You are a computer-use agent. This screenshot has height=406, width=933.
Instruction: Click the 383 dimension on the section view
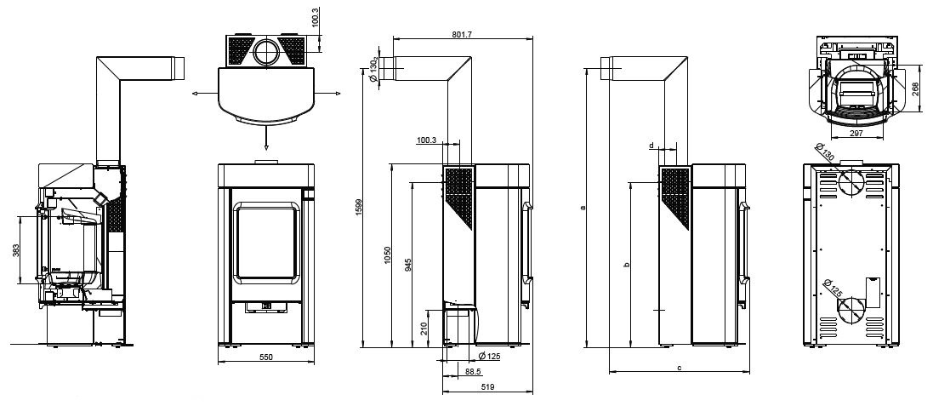tap(15, 250)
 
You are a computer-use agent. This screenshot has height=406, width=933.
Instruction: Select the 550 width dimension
tap(266, 357)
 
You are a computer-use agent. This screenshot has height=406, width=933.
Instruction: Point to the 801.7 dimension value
tap(462, 35)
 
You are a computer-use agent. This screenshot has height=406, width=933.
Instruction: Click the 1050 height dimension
tap(387, 254)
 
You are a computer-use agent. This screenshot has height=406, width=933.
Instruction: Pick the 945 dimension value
tap(408, 265)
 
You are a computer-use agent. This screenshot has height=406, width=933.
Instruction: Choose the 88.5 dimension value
tap(474, 371)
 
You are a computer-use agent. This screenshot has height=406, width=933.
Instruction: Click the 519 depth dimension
tap(487, 387)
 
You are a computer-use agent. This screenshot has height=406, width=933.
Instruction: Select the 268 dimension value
tap(915, 89)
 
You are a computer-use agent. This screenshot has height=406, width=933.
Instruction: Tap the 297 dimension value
tap(856, 134)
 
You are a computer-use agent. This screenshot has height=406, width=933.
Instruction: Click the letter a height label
tap(583, 208)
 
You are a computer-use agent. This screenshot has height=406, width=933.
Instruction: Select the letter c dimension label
tap(679, 368)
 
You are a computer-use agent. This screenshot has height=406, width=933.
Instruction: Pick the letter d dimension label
tap(651, 146)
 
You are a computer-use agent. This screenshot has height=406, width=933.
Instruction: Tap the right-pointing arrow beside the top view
tap(327, 94)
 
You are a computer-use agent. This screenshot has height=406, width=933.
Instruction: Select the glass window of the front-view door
tap(266, 241)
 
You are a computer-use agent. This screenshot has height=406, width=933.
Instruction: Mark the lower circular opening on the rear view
tap(851, 310)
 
